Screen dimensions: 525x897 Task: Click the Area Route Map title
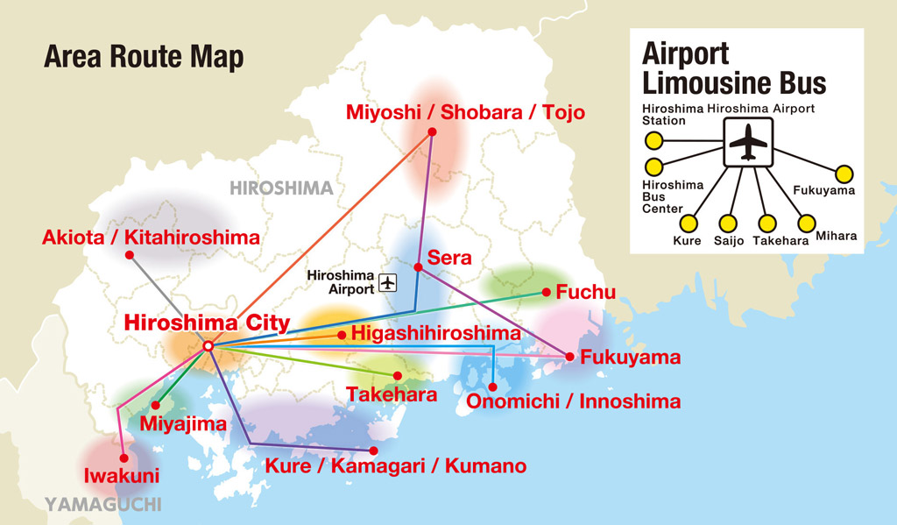(144, 58)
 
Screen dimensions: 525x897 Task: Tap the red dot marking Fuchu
(546, 292)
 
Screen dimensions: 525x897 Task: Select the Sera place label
(449, 258)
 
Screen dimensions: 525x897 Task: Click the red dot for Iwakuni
(123, 457)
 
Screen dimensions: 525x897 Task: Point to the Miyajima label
(184, 423)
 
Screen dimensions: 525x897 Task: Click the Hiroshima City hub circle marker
(208, 347)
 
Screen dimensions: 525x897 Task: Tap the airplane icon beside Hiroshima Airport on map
(388, 282)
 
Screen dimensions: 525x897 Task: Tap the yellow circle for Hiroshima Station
(653, 140)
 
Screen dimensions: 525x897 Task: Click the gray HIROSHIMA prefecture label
(281, 188)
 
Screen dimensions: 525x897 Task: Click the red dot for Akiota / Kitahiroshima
(129, 255)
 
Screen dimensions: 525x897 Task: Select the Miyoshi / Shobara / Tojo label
(465, 112)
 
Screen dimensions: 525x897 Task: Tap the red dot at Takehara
(398, 375)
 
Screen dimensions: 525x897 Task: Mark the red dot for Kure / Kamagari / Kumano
(373, 451)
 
